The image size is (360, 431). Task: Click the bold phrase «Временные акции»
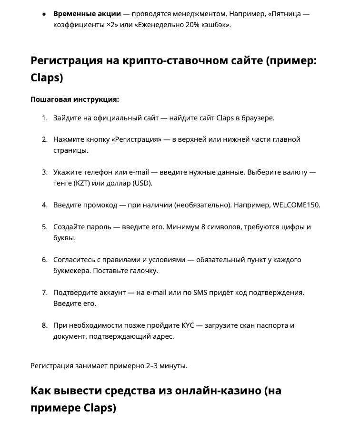tap(87, 13)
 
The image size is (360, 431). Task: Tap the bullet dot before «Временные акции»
tap(44, 14)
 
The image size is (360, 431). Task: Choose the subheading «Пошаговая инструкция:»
tap(75, 99)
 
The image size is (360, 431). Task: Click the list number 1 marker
tap(44, 118)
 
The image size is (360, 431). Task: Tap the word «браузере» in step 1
tap(258, 118)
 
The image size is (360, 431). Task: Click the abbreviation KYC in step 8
tap(187, 325)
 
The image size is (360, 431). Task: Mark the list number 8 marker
tap(44, 325)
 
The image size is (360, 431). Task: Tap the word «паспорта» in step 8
tap(272, 325)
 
